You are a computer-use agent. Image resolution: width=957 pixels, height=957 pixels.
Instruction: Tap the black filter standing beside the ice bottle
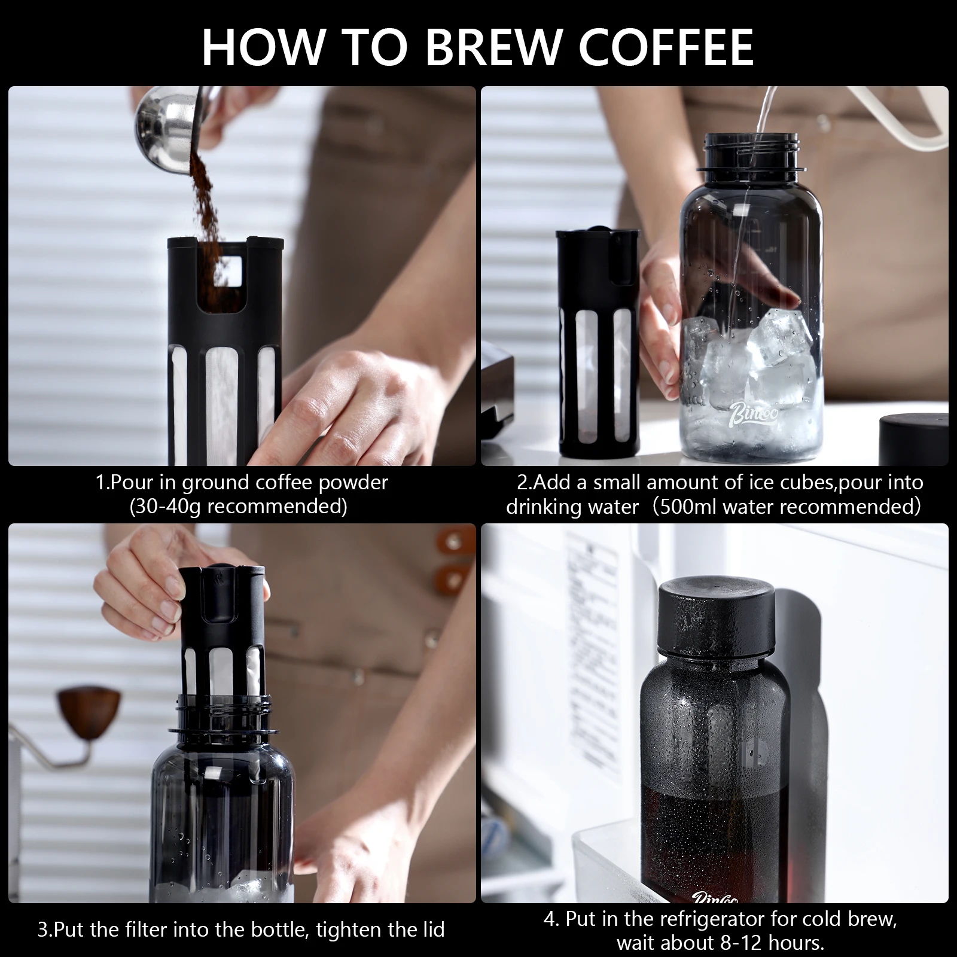[x=597, y=341]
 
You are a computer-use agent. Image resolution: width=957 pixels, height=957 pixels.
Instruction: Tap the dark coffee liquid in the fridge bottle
[x=712, y=837]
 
